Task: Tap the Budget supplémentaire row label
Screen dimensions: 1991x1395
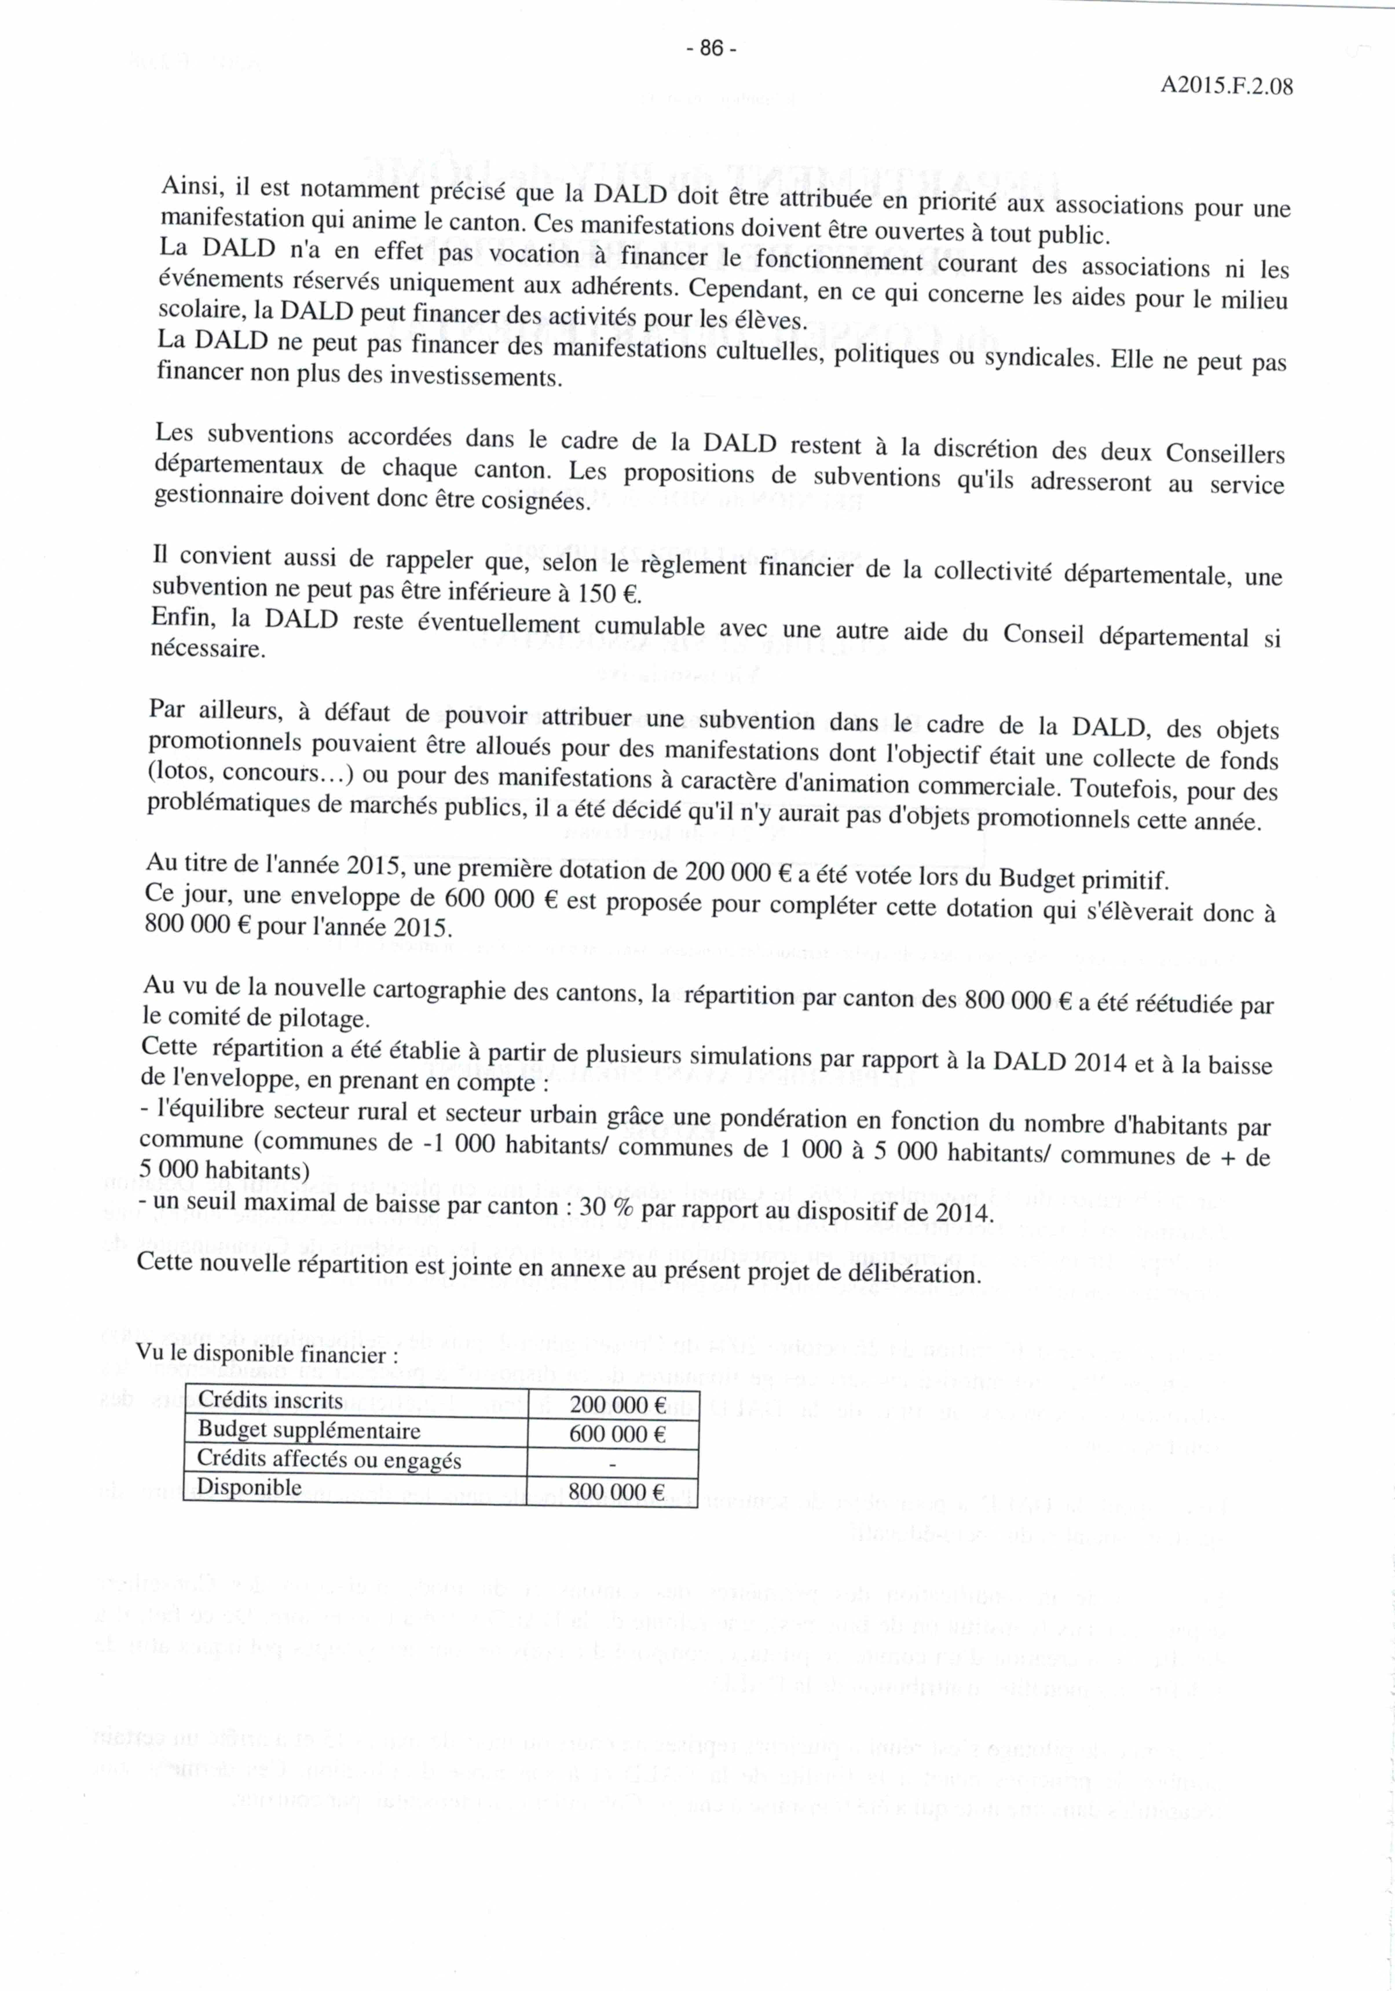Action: pyautogui.click(x=310, y=1430)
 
